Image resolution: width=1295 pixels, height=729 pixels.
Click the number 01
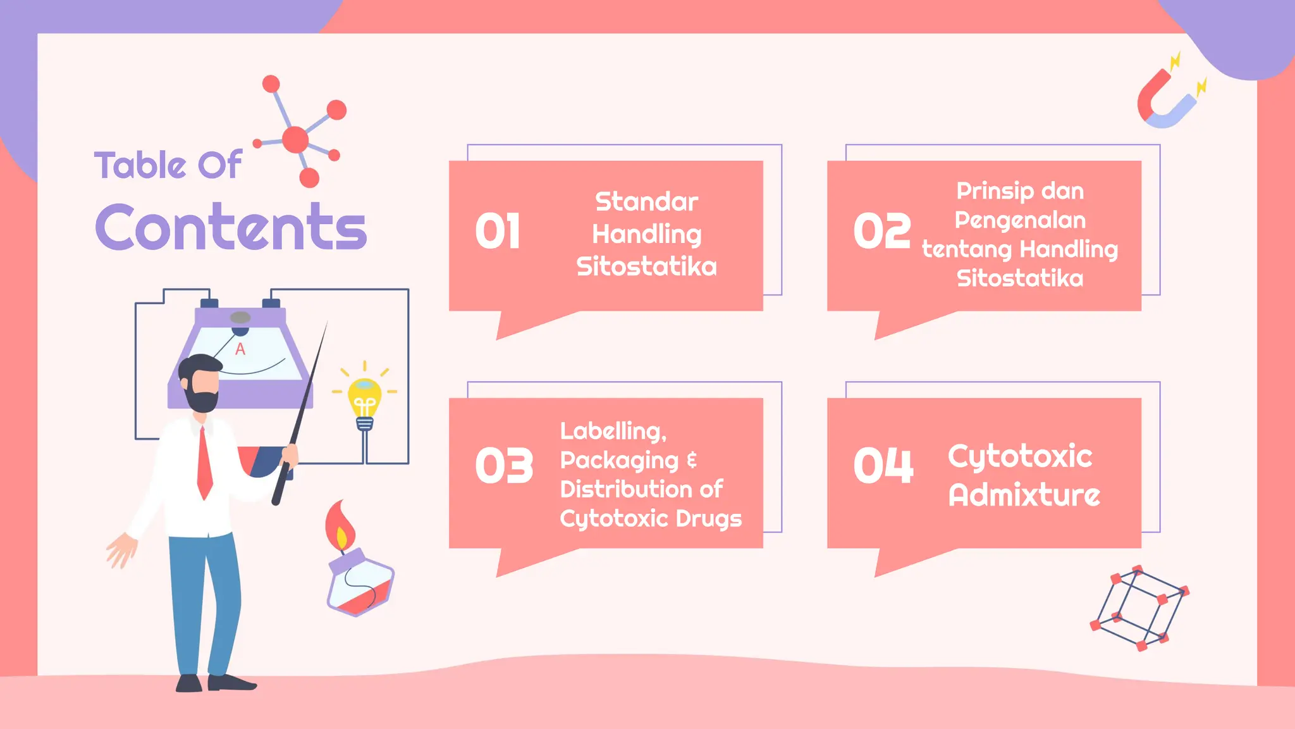(498, 232)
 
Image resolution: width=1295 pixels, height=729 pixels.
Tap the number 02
(881, 231)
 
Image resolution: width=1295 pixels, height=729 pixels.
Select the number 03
(504, 466)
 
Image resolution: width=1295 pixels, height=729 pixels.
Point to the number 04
(883, 466)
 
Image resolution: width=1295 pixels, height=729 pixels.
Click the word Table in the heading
(140, 165)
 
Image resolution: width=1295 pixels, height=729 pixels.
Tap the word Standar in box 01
(646, 202)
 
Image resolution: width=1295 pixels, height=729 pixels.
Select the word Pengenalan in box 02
(1019, 220)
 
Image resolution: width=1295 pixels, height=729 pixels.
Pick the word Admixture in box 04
(1024, 495)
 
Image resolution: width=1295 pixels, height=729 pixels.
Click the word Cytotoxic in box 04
(1019, 456)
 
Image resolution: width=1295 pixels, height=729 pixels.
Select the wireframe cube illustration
(1139, 608)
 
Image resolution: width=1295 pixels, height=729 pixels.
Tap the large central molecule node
(295, 140)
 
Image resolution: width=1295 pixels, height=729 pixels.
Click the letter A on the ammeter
(240, 349)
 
